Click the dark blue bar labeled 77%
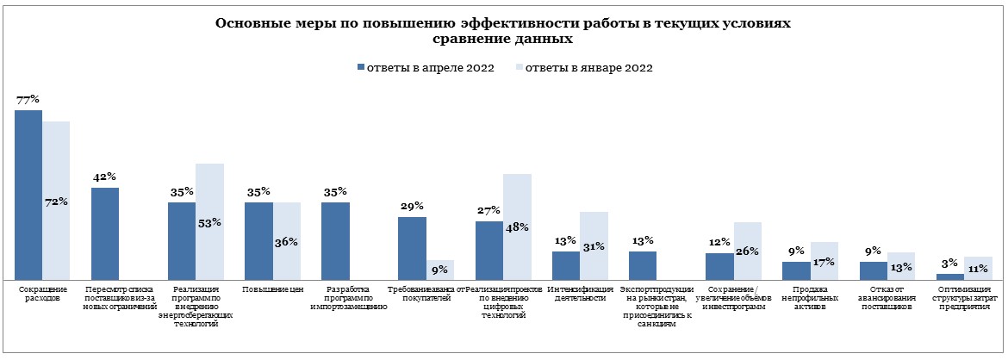[x=28, y=195]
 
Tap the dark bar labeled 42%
[x=105, y=233]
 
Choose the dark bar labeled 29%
[x=412, y=248]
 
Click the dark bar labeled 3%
[x=949, y=276]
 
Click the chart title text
[x=503, y=32]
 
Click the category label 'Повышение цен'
[x=272, y=290]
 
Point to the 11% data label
[x=978, y=268]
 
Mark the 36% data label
[x=286, y=242]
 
